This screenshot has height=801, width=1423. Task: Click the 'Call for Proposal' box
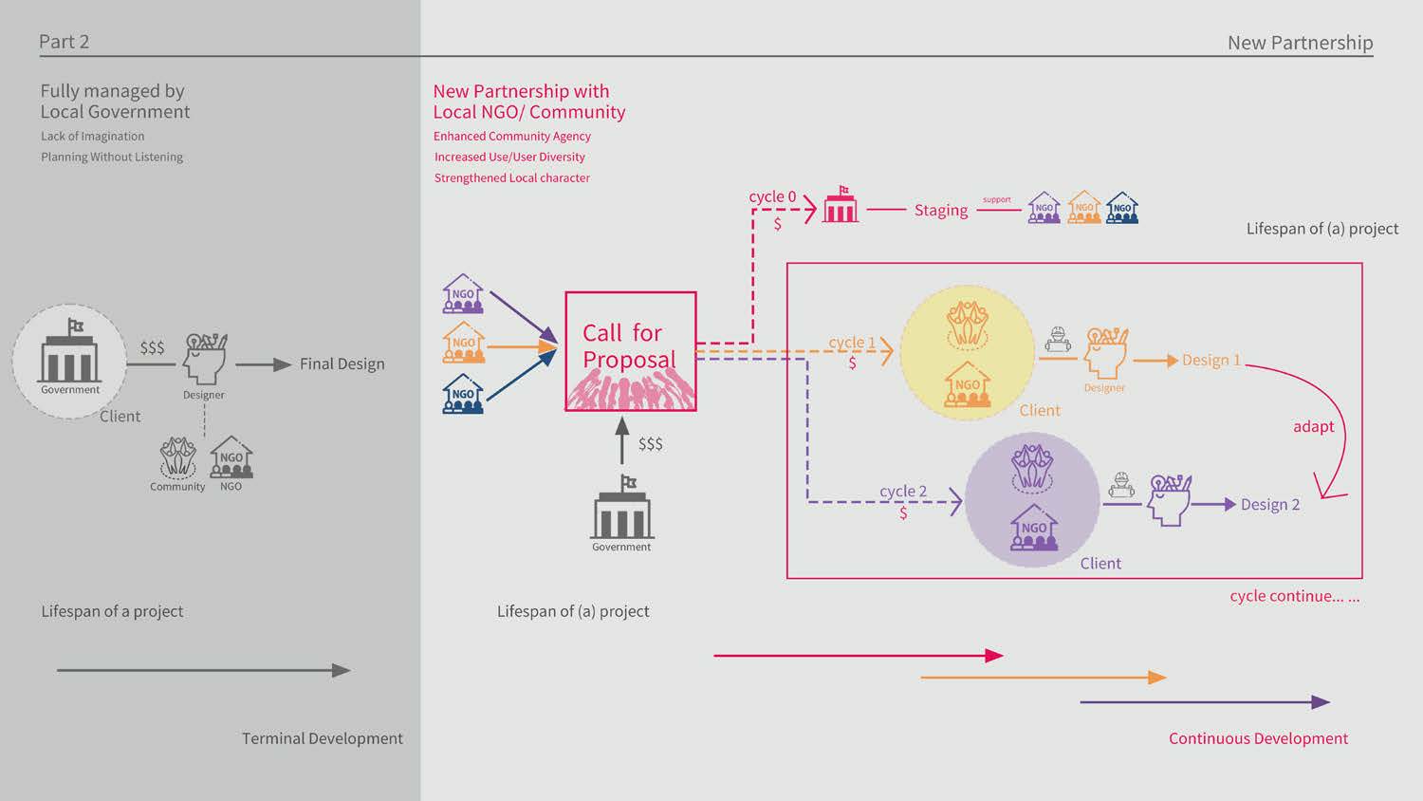[x=630, y=350]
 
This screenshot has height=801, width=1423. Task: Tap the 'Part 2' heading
[x=64, y=42]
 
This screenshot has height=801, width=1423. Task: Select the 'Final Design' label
[x=342, y=363]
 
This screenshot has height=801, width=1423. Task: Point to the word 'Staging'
[x=940, y=210]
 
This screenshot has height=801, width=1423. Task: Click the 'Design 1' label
[x=1210, y=360]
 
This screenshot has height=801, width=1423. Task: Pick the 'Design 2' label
[x=1269, y=504]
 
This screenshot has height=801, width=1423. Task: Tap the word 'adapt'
[x=1313, y=426]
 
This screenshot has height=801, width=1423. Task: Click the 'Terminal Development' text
[x=322, y=738]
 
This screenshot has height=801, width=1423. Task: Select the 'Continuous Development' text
[x=1257, y=738]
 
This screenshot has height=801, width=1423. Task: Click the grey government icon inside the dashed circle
[x=69, y=353]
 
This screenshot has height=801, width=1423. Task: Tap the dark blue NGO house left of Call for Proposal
[x=463, y=394]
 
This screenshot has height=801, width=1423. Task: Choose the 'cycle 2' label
[x=902, y=491]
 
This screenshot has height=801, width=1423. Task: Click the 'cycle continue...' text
[x=1294, y=596]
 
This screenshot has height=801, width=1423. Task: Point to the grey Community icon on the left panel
[x=177, y=458]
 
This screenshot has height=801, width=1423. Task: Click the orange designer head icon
[x=1105, y=352]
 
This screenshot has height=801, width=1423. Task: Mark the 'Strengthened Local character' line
[x=511, y=177]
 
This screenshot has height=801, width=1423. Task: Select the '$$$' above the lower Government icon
[x=650, y=443]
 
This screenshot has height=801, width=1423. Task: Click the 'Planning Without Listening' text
[x=112, y=157]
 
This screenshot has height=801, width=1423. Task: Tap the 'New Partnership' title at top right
[x=1299, y=43]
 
